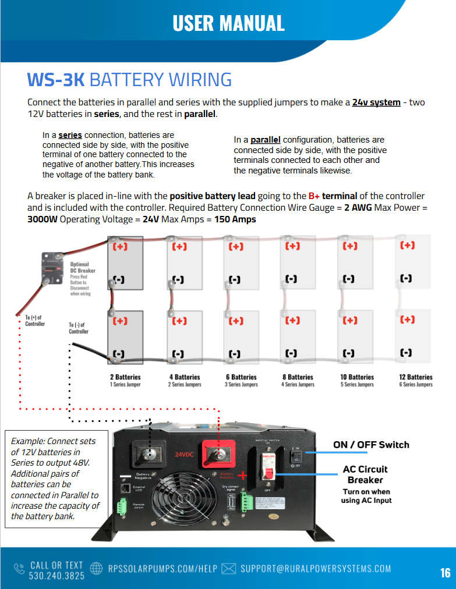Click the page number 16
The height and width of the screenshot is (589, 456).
445,573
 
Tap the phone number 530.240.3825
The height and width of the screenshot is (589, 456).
56,575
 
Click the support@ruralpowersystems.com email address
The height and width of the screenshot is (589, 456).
315,568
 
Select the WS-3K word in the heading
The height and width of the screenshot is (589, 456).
56,80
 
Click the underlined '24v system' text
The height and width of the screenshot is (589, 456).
376,102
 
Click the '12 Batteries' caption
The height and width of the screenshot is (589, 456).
416,377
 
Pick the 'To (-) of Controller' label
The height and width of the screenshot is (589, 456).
79,328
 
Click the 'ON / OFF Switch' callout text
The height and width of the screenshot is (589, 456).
371,445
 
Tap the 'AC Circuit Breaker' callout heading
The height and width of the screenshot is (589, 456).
365,474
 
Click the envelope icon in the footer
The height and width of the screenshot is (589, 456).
229,569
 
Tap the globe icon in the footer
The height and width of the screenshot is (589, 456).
98,569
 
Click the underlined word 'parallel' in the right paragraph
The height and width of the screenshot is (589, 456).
266,140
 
